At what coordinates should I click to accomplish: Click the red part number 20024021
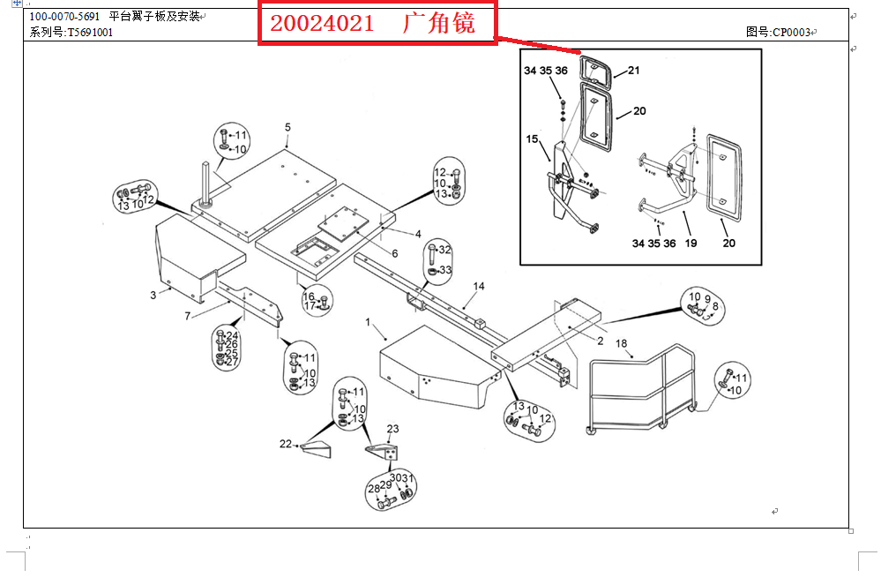(322, 23)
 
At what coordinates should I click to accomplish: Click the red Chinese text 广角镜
(439, 23)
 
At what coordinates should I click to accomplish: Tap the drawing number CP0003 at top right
(792, 33)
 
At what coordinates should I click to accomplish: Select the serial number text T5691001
(90, 33)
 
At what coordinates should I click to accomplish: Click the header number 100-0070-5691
(64, 17)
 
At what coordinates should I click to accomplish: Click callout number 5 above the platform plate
(287, 128)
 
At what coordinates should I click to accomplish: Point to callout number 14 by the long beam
(479, 286)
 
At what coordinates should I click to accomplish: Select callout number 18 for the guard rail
(621, 343)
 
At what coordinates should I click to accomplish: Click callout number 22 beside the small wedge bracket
(286, 444)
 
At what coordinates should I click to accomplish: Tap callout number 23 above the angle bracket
(392, 429)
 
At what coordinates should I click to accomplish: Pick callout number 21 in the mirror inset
(634, 71)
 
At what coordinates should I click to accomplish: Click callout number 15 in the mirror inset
(532, 139)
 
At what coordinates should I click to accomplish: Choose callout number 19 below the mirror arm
(691, 244)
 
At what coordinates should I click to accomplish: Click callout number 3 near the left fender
(153, 295)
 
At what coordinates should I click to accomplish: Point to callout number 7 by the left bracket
(188, 317)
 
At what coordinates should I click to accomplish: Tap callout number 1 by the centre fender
(368, 322)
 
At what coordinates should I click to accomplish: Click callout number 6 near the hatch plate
(395, 253)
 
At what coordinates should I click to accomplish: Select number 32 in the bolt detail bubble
(445, 250)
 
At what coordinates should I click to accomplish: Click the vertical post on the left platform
(206, 184)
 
